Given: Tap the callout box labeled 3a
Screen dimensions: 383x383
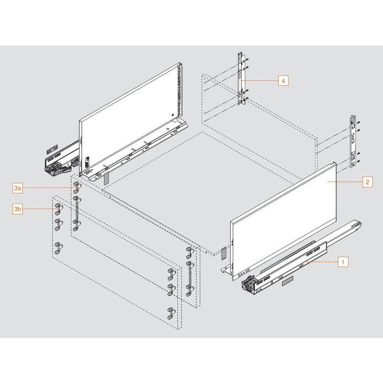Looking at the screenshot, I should click(17, 188).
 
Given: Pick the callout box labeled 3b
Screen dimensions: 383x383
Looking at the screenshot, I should click(17, 209).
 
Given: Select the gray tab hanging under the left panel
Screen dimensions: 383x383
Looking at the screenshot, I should click(106, 177).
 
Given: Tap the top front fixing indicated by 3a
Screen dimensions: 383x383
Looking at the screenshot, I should click(76, 187).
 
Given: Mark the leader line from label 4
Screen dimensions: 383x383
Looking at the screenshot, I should click(262, 80).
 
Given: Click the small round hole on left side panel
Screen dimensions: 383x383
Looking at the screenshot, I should click(171, 114).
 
